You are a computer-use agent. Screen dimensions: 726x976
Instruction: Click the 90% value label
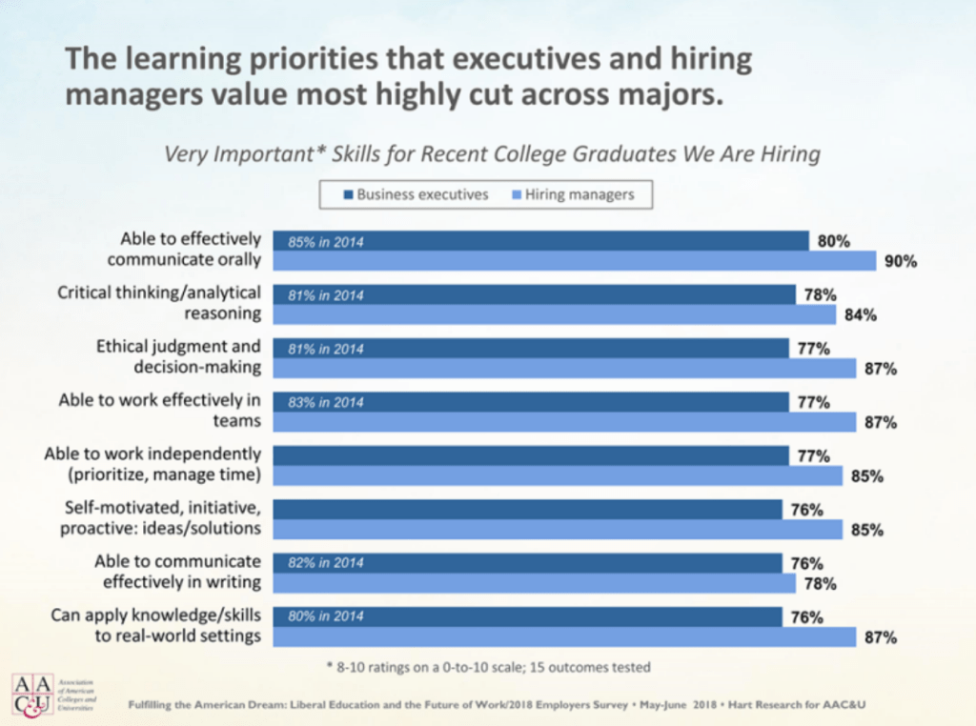[x=900, y=262]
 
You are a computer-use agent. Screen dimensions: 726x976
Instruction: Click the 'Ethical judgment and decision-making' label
[x=178, y=357]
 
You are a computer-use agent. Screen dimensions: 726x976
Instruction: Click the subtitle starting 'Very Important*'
[x=492, y=153]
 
